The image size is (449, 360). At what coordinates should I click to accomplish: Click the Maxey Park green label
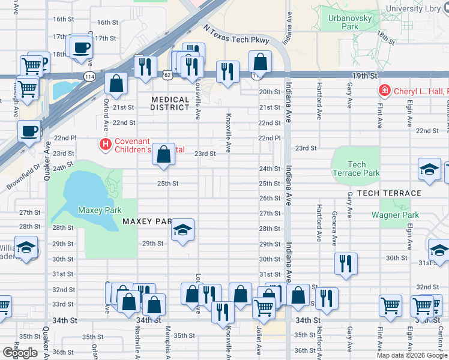pos(100,210)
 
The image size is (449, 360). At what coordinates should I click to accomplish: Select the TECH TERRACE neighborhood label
pos(389,193)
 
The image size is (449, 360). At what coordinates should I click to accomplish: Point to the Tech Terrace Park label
pos(356,169)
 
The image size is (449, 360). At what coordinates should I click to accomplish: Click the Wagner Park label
pos(394,215)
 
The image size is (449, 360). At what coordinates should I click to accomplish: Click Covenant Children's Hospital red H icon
pos(106,144)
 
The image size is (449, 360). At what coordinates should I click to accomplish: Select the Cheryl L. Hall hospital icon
pos(384,91)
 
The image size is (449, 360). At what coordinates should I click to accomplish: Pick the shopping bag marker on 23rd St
pos(163,154)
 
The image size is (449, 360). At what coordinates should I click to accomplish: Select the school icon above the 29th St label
pos(182,230)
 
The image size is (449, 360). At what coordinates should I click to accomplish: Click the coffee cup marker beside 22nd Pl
pos(29,131)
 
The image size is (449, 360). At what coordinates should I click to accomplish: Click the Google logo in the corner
pos(20,352)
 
